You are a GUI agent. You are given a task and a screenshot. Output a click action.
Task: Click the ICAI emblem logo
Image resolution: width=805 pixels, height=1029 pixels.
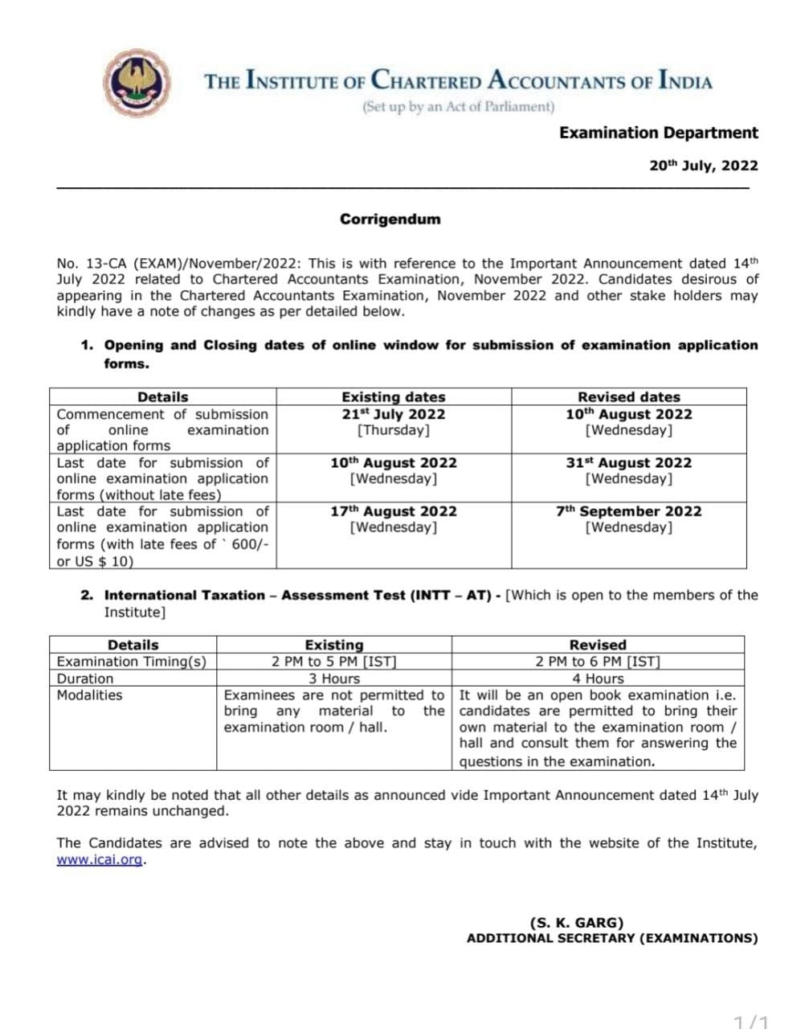click(x=140, y=81)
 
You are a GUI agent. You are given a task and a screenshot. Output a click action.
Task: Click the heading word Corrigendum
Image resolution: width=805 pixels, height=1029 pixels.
click(x=390, y=219)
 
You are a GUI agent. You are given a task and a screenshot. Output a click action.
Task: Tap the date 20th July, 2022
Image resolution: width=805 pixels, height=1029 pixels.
click(x=703, y=166)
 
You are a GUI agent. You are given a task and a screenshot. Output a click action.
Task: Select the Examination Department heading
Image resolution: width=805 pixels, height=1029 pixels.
click(x=658, y=133)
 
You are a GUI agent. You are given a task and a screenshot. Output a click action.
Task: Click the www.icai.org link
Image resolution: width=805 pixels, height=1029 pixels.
click(x=100, y=859)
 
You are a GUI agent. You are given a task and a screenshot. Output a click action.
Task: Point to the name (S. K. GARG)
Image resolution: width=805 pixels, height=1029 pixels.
click(x=576, y=923)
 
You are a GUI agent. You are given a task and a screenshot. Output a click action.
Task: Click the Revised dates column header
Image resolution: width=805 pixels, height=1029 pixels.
click(x=628, y=397)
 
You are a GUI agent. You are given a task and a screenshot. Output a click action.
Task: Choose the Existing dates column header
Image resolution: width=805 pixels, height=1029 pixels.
click(x=393, y=397)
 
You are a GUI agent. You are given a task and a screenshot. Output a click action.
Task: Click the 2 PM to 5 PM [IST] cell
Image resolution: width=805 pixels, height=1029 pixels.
click(x=333, y=662)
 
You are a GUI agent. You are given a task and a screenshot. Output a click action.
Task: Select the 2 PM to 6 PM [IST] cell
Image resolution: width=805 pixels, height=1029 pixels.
click(x=597, y=662)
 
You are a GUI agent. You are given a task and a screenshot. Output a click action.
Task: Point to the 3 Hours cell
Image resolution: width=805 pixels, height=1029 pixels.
click(x=333, y=678)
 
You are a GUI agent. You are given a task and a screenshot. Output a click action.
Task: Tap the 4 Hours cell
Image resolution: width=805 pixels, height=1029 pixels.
click(x=597, y=678)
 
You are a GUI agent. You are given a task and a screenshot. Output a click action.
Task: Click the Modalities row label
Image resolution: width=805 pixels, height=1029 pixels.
click(x=89, y=695)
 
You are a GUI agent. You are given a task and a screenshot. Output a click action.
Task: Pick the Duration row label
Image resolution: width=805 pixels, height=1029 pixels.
click(x=84, y=678)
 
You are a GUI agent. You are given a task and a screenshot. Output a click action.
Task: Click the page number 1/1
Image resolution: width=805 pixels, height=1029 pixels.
click(x=751, y=1022)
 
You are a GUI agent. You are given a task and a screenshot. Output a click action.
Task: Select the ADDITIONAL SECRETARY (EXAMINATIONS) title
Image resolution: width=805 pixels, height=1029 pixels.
click(x=611, y=938)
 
